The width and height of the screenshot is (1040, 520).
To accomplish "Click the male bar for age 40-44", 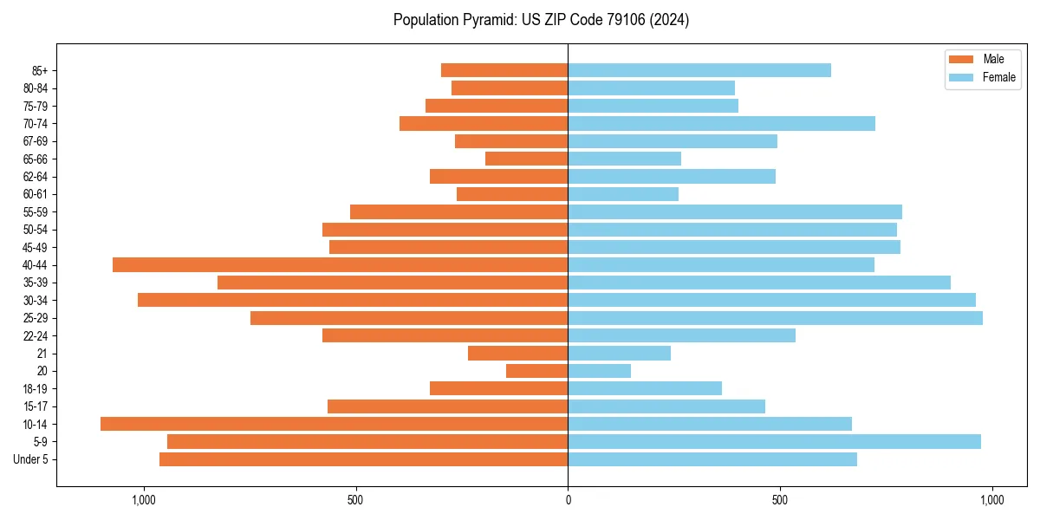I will coord(340,264).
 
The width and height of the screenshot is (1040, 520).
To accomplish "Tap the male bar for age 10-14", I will coord(334,424).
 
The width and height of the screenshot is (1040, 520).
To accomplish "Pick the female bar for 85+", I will coord(699,70).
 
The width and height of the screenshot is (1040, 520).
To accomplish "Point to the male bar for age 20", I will coord(536,371).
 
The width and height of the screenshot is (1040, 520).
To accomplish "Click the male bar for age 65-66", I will coord(526,159).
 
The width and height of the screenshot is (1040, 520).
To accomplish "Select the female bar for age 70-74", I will coord(721,123).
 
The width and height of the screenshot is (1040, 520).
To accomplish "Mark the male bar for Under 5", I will coord(363,459).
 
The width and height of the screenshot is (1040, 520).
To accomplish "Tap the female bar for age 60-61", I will coord(623,194).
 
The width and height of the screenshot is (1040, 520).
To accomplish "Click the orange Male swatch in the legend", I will coord(961,59).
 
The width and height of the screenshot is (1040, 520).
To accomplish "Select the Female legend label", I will coord(998,77).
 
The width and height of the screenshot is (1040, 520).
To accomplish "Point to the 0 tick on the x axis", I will coord(568,500).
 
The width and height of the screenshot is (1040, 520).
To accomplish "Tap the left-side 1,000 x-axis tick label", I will coord(143,500).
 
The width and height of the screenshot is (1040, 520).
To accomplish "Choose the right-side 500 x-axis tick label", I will coord(780,500).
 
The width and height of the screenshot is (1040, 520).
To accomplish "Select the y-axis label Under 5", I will coord(31,459).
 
